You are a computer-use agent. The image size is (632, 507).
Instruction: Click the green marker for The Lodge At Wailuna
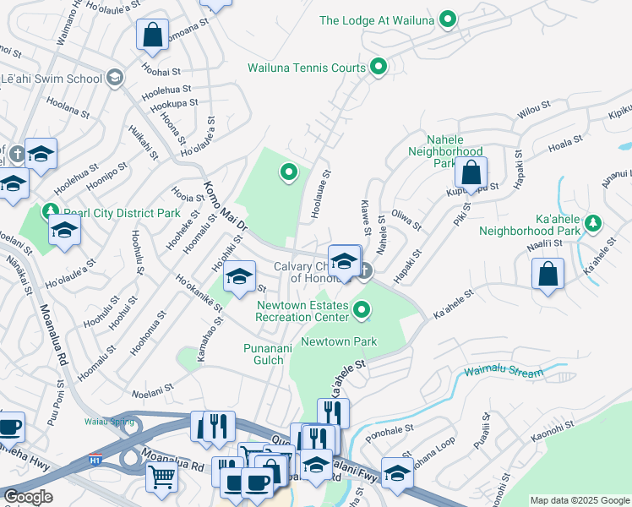(449, 19)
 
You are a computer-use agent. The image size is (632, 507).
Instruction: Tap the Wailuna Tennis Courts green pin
(379, 66)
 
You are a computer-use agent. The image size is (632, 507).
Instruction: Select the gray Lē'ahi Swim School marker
(114, 79)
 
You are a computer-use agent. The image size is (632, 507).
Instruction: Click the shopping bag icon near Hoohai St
(152, 35)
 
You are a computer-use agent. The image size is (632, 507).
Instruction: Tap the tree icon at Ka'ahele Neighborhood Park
(593, 223)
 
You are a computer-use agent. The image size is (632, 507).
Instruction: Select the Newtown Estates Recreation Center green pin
(362, 310)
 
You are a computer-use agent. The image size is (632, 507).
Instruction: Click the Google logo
(28, 497)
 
